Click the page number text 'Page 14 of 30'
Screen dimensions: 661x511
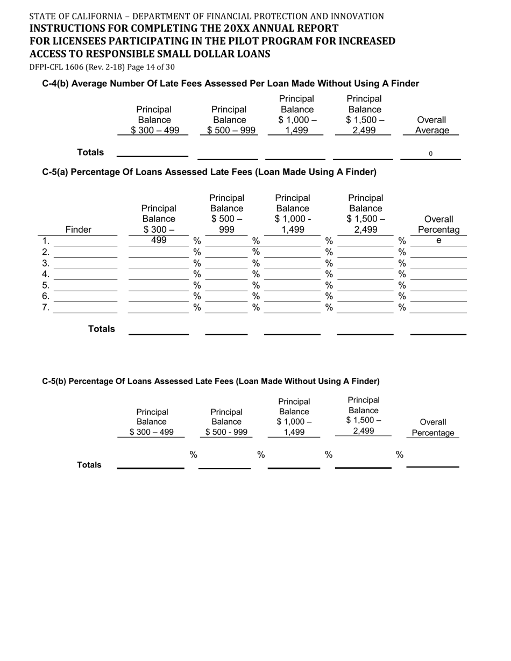point(150,67)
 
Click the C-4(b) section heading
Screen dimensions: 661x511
point(230,83)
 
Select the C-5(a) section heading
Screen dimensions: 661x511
point(209,172)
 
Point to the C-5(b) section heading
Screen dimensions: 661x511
point(211,381)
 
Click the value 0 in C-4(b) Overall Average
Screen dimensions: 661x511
point(430,154)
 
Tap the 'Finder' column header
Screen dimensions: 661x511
point(78,230)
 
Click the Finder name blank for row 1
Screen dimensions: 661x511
point(86,241)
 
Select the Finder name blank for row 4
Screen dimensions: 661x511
point(86,275)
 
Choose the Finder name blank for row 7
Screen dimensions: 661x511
point(86,308)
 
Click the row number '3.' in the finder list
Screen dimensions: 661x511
point(46,263)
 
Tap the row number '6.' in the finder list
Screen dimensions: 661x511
point(46,297)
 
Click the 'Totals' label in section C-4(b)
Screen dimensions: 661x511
point(90,153)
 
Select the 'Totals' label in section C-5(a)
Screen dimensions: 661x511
point(102,329)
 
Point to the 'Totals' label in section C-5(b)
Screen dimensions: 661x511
point(89,465)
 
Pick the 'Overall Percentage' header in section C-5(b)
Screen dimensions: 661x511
point(433,427)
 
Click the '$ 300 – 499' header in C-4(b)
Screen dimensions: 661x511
point(154,131)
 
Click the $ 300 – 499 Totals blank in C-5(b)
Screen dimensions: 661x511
point(151,462)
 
